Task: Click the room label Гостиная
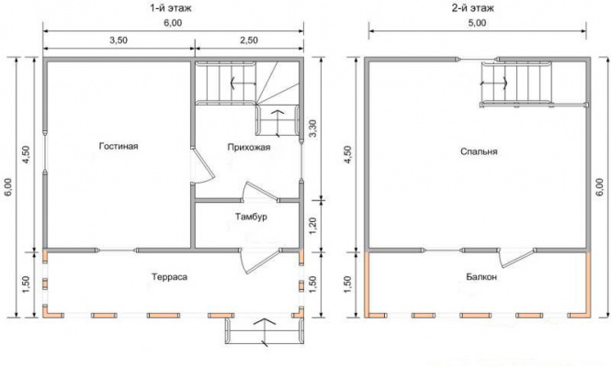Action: point(119,146)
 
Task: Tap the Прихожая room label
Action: point(249,148)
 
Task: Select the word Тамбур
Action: point(251,217)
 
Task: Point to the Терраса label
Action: point(169,277)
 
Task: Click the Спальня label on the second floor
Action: point(479,151)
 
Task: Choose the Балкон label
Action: point(481,277)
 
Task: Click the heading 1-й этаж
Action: point(171,7)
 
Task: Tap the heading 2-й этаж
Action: point(472,7)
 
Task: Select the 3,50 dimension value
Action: point(119,40)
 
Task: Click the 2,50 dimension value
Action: point(249,40)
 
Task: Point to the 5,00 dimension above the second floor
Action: point(477,23)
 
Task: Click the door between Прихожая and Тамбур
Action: point(259,192)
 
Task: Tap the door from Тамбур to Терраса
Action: point(259,261)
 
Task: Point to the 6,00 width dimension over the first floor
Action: point(173,23)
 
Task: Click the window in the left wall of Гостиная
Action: point(45,152)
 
